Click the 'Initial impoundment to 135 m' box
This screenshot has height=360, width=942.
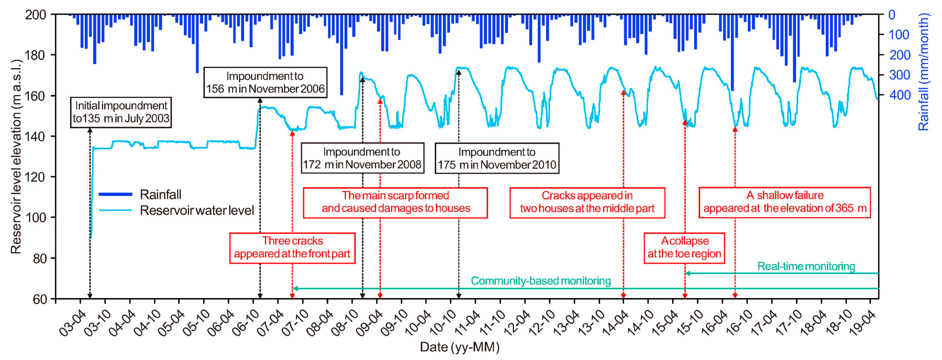click(x=121, y=112)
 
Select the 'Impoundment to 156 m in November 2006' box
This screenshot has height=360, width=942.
click(x=265, y=82)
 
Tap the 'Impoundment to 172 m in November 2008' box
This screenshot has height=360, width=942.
click(x=363, y=158)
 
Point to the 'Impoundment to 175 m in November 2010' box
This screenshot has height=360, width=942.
click(x=497, y=158)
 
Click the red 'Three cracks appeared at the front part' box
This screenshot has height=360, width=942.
click(x=292, y=248)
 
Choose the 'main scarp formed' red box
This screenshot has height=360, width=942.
click(x=395, y=202)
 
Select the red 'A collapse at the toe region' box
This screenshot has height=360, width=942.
click(x=684, y=248)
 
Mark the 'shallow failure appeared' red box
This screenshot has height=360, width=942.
click(x=785, y=202)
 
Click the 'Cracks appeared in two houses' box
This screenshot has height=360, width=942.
click(x=587, y=202)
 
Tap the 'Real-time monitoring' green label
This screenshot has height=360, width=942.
click(x=806, y=266)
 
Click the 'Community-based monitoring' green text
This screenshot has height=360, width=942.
click(x=540, y=281)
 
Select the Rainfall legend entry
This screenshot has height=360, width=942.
click(x=160, y=195)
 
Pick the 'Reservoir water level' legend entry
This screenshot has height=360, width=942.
click(x=197, y=211)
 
